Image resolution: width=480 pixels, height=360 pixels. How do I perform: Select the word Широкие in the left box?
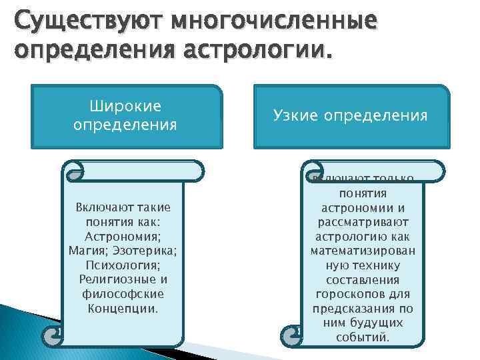coord(125,107)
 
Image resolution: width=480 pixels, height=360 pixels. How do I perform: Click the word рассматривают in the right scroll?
coord(363,222)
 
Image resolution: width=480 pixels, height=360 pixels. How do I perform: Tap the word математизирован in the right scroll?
coord(363,251)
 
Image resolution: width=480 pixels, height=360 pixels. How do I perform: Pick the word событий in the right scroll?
coord(363,337)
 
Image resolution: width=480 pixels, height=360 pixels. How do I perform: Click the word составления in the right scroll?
coord(363,280)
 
